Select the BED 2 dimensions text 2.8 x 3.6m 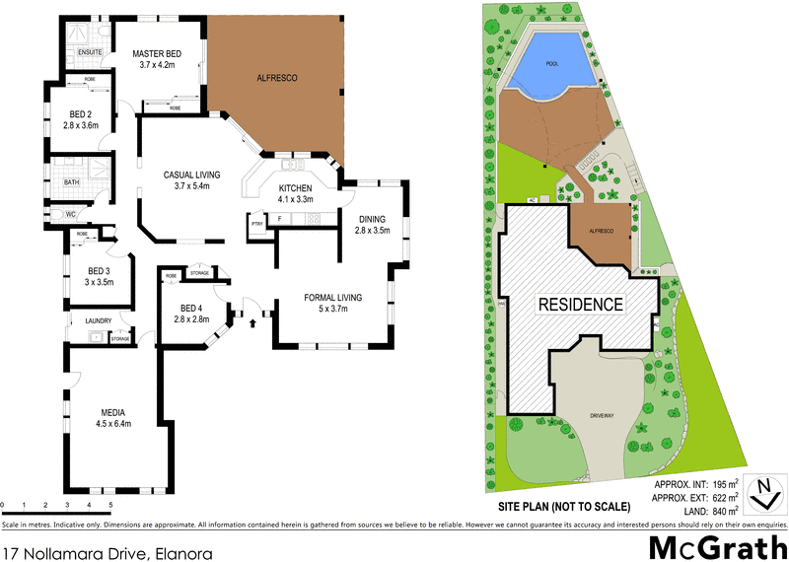[x=81, y=125]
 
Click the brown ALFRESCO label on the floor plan [x=277, y=77]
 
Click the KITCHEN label [x=295, y=187]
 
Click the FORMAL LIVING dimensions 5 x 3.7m [x=333, y=309]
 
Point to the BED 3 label [x=100, y=270]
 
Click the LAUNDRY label [x=99, y=320]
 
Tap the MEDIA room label [x=116, y=412]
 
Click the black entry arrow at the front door [x=253, y=319]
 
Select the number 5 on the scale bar [x=110, y=505]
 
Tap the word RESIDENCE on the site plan [x=580, y=305]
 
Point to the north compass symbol [x=761, y=493]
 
